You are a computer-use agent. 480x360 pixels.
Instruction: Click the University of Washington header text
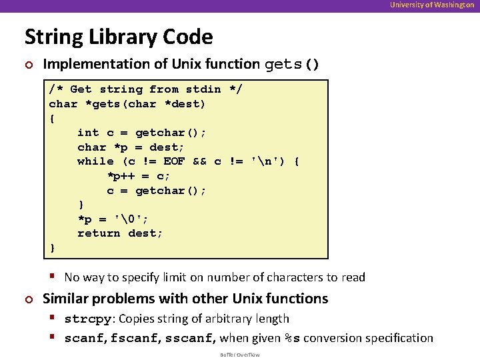433,5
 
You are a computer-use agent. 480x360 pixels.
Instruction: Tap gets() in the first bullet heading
292,65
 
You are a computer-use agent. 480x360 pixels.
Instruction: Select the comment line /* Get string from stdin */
145,89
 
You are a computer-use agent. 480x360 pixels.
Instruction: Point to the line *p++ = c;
139,176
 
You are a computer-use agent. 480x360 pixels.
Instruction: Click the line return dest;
120,233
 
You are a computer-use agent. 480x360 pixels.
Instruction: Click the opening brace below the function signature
53,119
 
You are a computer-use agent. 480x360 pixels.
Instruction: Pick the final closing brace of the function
53,248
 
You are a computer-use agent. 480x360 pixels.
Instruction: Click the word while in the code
95,161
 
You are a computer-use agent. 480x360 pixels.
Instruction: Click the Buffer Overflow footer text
240,355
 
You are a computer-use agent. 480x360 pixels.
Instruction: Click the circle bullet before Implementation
28,65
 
